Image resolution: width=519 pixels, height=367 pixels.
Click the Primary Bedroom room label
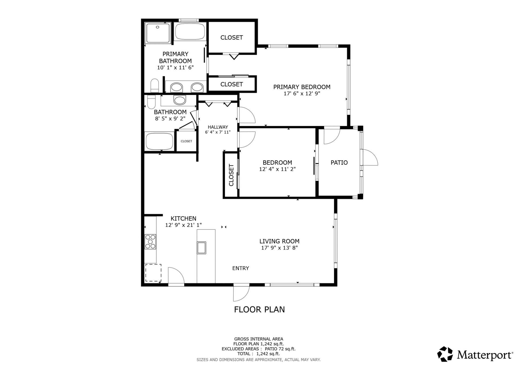click(x=302, y=87)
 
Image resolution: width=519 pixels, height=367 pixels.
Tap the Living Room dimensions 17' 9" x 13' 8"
click(x=279, y=248)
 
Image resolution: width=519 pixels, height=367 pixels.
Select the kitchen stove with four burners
click(x=151, y=242)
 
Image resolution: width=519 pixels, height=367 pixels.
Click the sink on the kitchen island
click(x=201, y=248)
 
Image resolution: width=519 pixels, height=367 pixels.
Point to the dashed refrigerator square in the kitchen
click(x=153, y=273)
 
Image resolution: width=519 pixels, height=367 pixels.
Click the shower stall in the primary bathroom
click(x=158, y=33)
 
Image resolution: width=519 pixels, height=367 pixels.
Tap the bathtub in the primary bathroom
click(x=190, y=32)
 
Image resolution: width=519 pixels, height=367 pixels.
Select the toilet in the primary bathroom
click(x=155, y=85)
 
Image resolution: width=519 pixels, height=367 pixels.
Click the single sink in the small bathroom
click(x=180, y=100)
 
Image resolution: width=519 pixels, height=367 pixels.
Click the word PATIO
click(x=339, y=163)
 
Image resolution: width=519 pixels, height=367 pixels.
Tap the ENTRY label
click(x=241, y=268)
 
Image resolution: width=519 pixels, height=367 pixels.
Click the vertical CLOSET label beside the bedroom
click(x=231, y=175)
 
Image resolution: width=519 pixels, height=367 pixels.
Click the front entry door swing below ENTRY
click(x=241, y=293)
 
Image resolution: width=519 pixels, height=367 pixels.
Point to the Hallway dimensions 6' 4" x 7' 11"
click(x=218, y=132)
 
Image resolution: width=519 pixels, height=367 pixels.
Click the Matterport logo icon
click(x=445, y=354)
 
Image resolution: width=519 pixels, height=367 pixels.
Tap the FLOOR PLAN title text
click(x=259, y=309)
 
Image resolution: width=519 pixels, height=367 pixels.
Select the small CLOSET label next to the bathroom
click(x=186, y=141)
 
